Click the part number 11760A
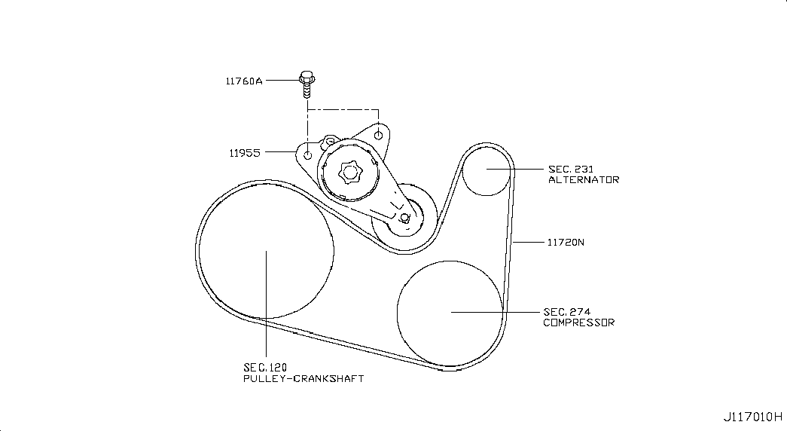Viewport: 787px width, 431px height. pyautogui.click(x=243, y=79)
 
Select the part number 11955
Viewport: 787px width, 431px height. pyautogui.click(x=245, y=152)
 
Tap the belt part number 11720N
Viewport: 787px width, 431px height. pyautogui.click(x=565, y=243)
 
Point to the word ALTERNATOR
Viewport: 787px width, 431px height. pyautogui.click(x=583, y=180)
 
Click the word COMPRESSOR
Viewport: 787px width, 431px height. pyautogui.click(x=578, y=322)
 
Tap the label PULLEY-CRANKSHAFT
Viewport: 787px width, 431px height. pyautogui.click(x=303, y=378)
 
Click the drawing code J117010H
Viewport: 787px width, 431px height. pyautogui.click(x=753, y=417)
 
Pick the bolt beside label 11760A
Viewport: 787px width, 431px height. pyautogui.click(x=306, y=84)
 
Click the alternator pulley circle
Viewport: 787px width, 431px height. pyautogui.click(x=487, y=170)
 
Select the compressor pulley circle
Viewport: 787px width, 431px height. pyautogui.click(x=450, y=310)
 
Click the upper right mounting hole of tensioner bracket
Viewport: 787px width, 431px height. pyautogui.click(x=379, y=136)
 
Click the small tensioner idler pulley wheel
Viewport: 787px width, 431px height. pyautogui.click(x=404, y=217)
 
